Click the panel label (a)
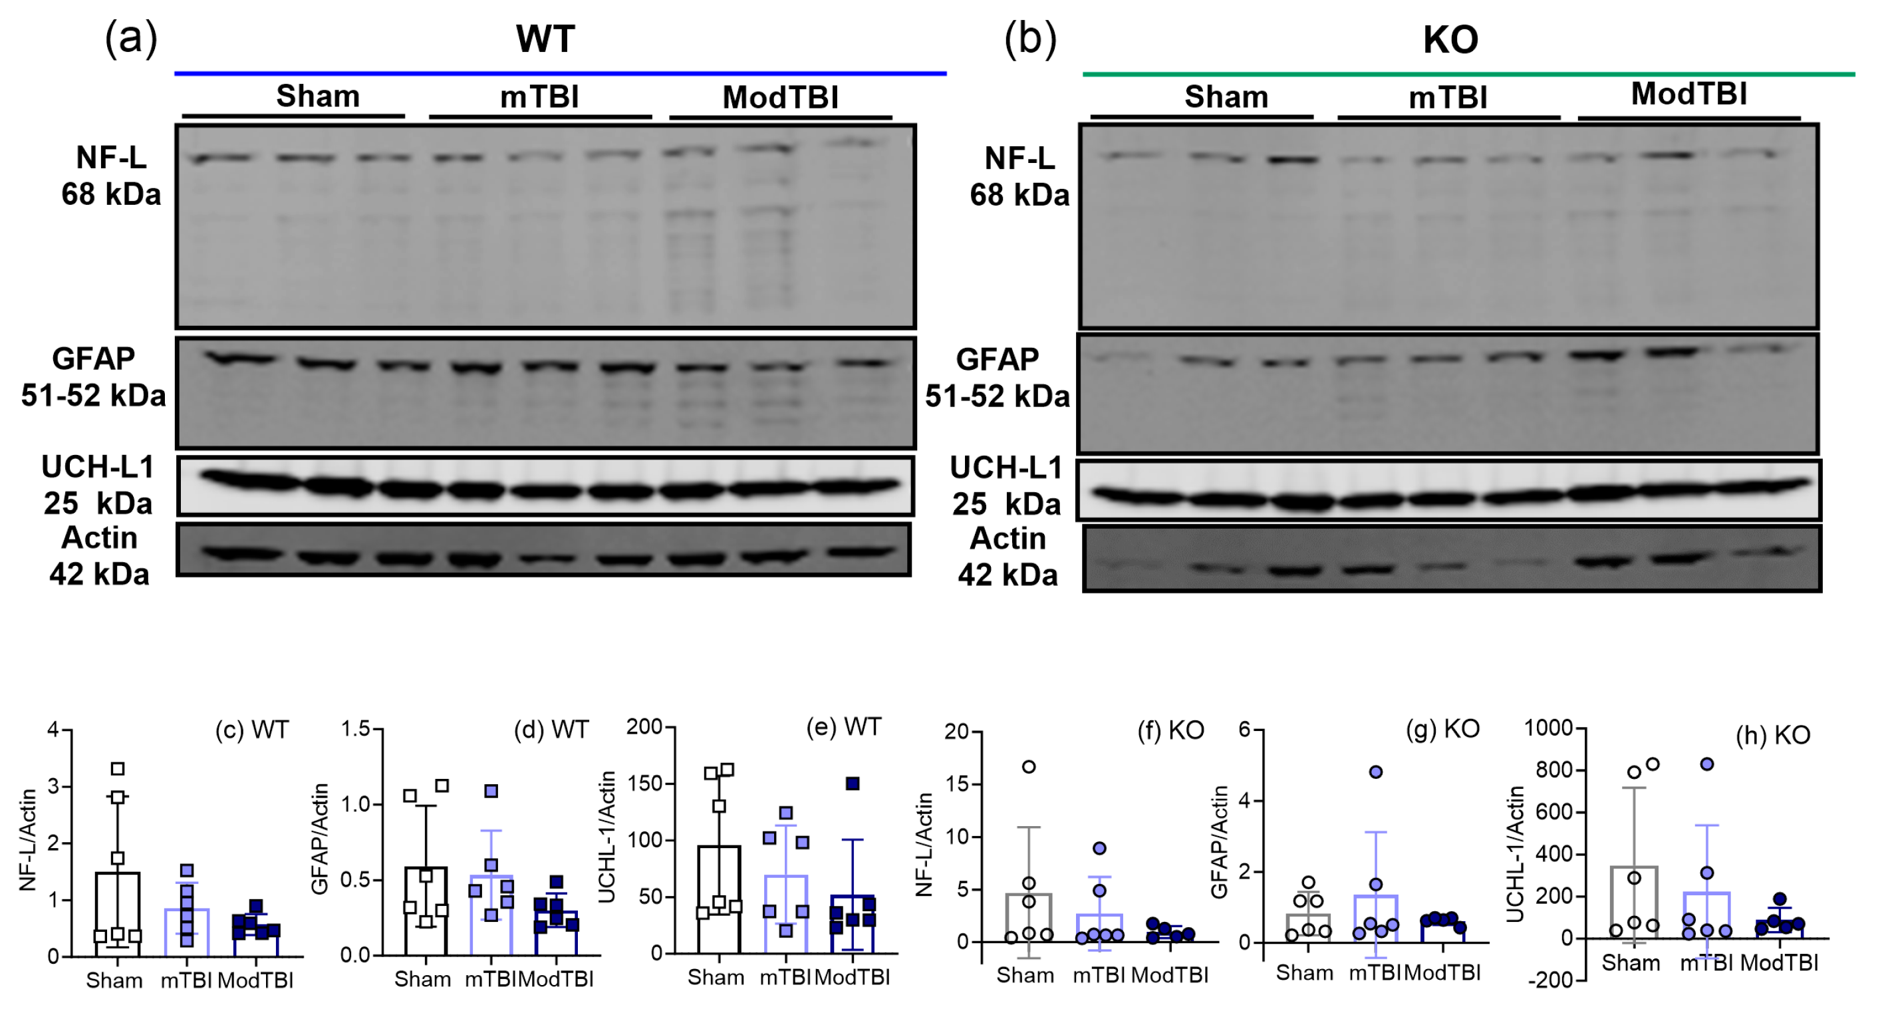pyautogui.click(x=131, y=38)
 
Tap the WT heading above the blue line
pyautogui.click(x=545, y=39)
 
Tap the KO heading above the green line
pyautogui.click(x=1450, y=39)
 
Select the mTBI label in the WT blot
pyautogui.click(x=539, y=97)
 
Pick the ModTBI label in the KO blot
pyautogui.click(x=1688, y=94)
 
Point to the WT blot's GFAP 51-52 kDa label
pyautogui.click(x=94, y=377)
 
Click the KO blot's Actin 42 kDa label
pyautogui.click(x=1008, y=557)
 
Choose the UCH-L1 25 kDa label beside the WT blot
pyautogui.click(x=98, y=485)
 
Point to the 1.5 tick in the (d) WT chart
pyautogui.click(x=356, y=729)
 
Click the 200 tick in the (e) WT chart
pyautogui.click(x=644, y=727)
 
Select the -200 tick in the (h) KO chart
pyautogui.click(x=1549, y=980)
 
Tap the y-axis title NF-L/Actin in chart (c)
pyautogui.click(x=28, y=840)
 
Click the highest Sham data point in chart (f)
pyautogui.click(x=1029, y=767)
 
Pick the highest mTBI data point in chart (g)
pyautogui.click(x=1376, y=772)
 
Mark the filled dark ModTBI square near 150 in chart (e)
pyautogui.click(x=853, y=784)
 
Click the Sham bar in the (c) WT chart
pyautogui.click(x=118, y=913)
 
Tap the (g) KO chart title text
pyautogui.click(x=1443, y=729)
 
